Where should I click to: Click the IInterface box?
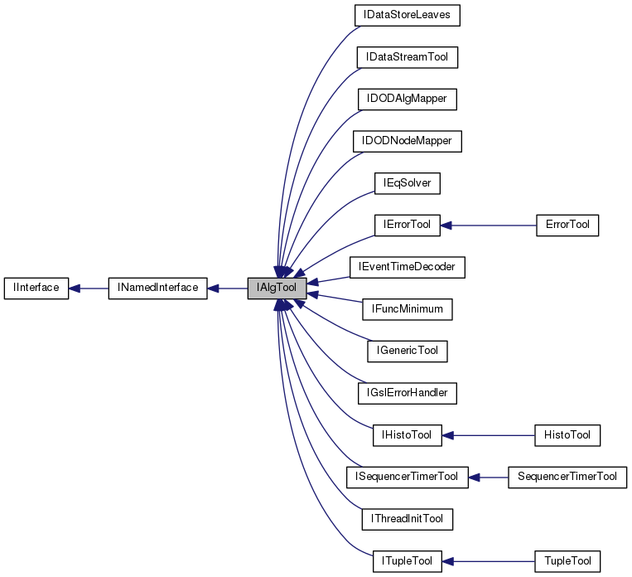point(36,288)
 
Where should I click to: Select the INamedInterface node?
point(157,288)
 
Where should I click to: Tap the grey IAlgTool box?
point(277,288)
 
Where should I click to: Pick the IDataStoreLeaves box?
point(406,15)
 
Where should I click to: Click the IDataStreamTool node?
point(407,57)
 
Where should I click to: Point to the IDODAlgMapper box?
point(407,99)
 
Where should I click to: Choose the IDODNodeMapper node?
point(407,141)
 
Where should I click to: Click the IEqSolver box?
point(407,182)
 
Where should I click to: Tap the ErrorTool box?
point(567,225)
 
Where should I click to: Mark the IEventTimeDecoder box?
point(407,267)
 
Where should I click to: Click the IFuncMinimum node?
point(407,308)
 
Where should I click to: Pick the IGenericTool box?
point(407,351)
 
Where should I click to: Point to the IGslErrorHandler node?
point(407,392)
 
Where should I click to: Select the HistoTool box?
point(567,434)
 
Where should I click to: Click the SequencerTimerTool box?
point(567,477)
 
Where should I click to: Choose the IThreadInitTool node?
point(407,518)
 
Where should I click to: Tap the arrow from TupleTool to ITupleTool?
point(489,560)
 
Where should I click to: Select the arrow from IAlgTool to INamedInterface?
point(227,288)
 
